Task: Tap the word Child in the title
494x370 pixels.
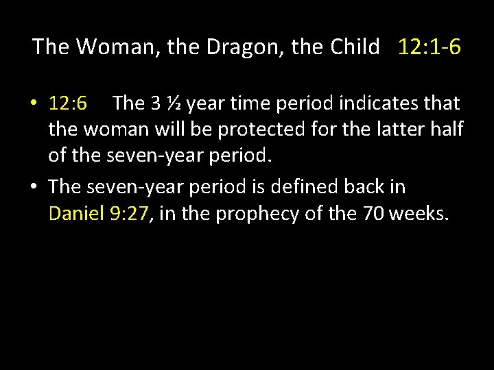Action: [x=354, y=47]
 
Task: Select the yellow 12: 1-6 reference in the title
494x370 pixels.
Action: [x=427, y=47]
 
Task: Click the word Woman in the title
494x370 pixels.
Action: [x=112, y=47]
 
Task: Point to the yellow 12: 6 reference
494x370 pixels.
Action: [x=68, y=103]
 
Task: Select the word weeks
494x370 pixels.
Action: [x=419, y=214]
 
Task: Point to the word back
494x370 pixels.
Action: [x=373, y=186]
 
